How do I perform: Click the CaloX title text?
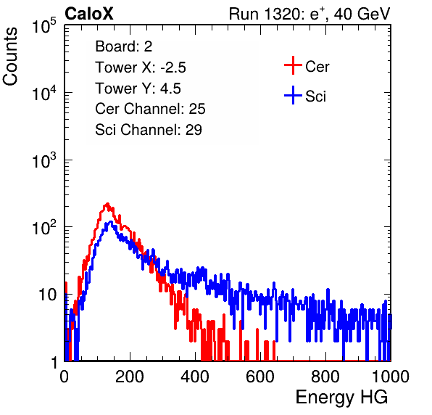pyautogui.click(x=89, y=14)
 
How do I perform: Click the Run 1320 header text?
pyautogui.click(x=310, y=14)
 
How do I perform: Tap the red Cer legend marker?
pyautogui.click(x=293, y=65)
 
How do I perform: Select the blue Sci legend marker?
pyautogui.click(x=293, y=95)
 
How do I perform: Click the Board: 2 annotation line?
pyautogui.click(x=124, y=46)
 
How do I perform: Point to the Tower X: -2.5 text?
pyautogui.click(x=141, y=67)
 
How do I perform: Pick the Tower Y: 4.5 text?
pyautogui.click(x=138, y=89)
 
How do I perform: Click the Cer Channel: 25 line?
pyautogui.click(x=150, y=109)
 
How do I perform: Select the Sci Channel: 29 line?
pyautogui.click(x=149, y=130)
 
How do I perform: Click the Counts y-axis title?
pyautogui.click(x=10, y=57)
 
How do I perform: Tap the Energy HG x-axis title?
pyautogui.click(x=341, y=398)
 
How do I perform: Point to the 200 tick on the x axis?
pyautogui.click(x=130, y=377)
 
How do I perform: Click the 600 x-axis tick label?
pyautogui.click(x=260, y=377)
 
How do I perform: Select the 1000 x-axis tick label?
pyautogui.click(x=391, y=377)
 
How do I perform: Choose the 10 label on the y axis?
pyautogui.click(x=47, y=295)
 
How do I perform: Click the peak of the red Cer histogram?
pyautogui.click(x=107, y=204)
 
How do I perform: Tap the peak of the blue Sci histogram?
pyautogui.click(x=111, y=221)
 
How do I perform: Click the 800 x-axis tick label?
pyautogui.click(x=325, y=377)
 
